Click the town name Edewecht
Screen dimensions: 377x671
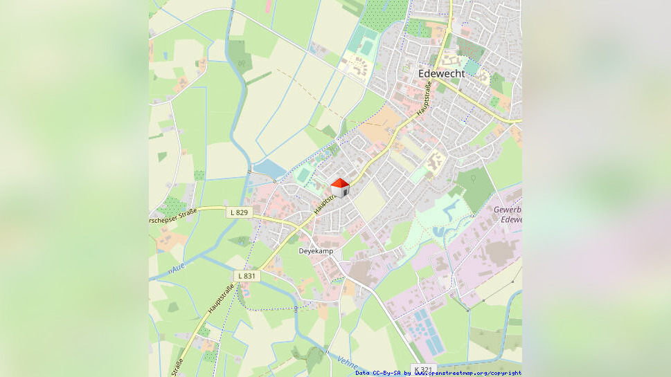(x=441, y=73)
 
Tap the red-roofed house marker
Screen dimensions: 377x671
(x=340, y=187)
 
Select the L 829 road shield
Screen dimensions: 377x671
(x=238, y=212)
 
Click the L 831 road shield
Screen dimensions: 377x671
(x=247, y=275)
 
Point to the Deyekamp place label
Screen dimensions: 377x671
(x=316, y=250)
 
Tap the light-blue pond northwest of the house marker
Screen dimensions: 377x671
(x=269, y=168)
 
